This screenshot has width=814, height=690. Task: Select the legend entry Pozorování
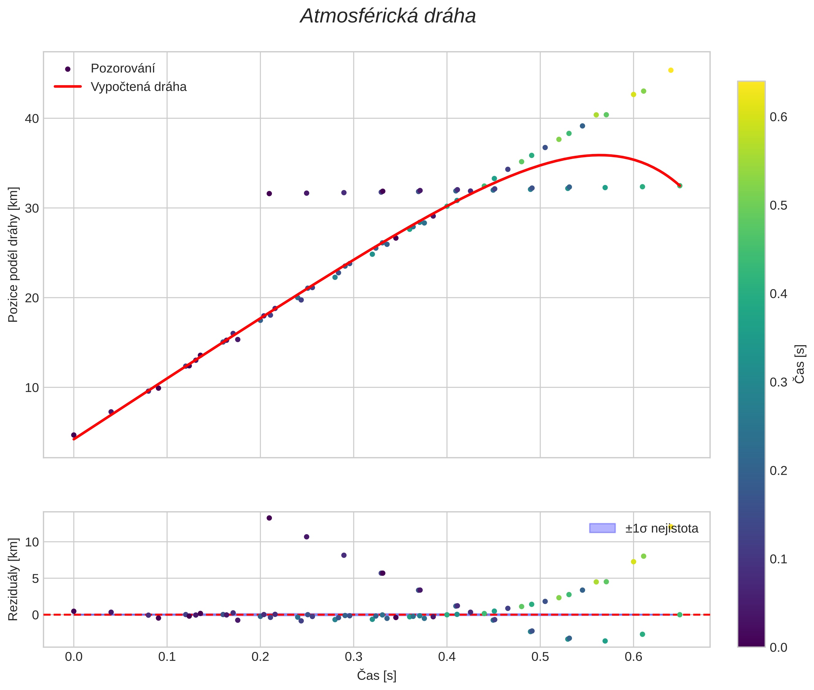(x=123, y=69)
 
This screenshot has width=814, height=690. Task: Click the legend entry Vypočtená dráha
(x=139, y=87)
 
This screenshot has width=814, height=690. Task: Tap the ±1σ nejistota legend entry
(x=661, y=529)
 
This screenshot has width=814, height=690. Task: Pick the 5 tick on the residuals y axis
(x=35, y=579)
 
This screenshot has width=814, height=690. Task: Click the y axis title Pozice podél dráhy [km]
(x=13, y=255)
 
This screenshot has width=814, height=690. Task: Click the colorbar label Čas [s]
(x=800, y=364)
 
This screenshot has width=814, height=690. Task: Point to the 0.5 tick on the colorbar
(x=779, y=206)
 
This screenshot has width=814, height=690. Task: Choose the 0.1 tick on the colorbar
(x=779, y=559)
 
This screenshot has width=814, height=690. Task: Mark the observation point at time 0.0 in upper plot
(x=74, y=435)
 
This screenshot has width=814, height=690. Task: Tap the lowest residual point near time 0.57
(x=605, y=641)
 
